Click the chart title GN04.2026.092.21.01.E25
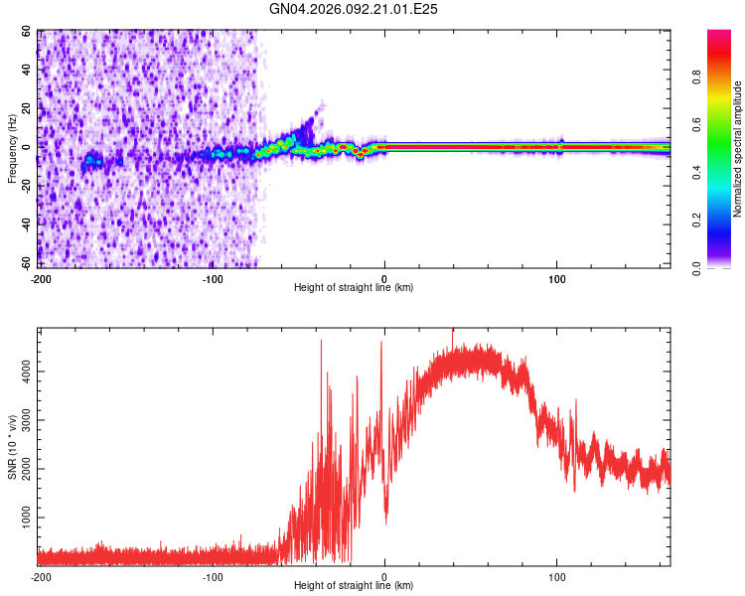[354, 9]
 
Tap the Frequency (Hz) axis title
[13, 149]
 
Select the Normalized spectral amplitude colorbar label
[738, 149]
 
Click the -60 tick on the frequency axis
[28, 263]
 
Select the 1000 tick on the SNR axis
[24, 519]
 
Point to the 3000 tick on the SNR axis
[24, 420]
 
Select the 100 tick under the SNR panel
[557, 576]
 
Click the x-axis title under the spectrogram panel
[354, 288]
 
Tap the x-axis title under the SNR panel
[354, 586]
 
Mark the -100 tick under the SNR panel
[212, 576]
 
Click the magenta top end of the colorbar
[720, 36]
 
